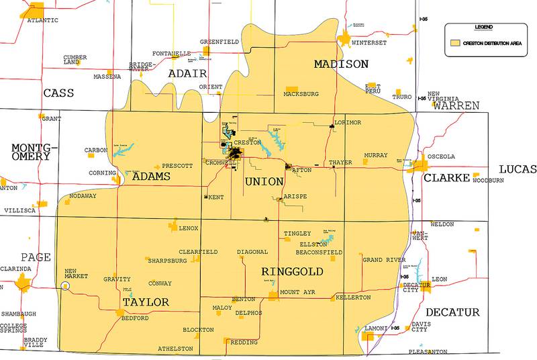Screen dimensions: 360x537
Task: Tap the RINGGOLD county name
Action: pos(292,272)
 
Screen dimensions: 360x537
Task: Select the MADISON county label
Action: pos(341,64)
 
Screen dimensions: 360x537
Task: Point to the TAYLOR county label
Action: pos(145,303)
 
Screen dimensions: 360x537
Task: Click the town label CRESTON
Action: pos(247,143)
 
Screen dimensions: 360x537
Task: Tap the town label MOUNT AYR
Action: pos(297,293)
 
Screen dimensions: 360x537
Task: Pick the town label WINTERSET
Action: pos(370,42)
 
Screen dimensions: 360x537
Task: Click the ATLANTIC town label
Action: pos(42,20)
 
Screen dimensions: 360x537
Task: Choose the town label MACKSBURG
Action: pos(301,95)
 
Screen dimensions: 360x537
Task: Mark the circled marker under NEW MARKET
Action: pos(65,285)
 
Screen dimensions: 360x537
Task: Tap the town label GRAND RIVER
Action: pos(384,259)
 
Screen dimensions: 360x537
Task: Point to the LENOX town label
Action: pos(189,228)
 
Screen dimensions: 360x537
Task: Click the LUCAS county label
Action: pos(518,169)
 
